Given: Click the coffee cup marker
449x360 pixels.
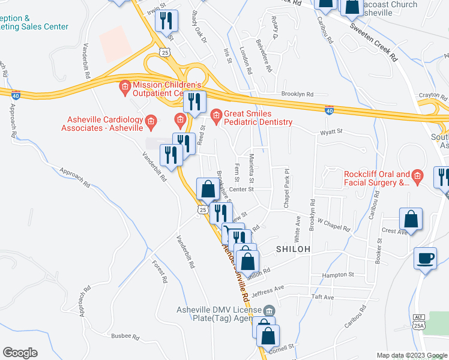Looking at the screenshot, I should tap(426, 259).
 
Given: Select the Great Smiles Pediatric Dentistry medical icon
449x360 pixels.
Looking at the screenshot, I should tap(217, 114).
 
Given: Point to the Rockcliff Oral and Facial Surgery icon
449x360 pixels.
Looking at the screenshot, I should tap(418, 175).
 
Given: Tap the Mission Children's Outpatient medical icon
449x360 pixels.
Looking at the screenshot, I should tap(125, 85).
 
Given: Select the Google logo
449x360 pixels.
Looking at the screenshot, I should tap(20, 353).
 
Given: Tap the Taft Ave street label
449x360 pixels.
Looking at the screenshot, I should tap(322, 297).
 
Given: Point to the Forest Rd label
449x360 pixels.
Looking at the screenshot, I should tap(159, 271).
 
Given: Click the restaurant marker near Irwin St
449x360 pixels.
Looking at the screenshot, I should tap(166, 21).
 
